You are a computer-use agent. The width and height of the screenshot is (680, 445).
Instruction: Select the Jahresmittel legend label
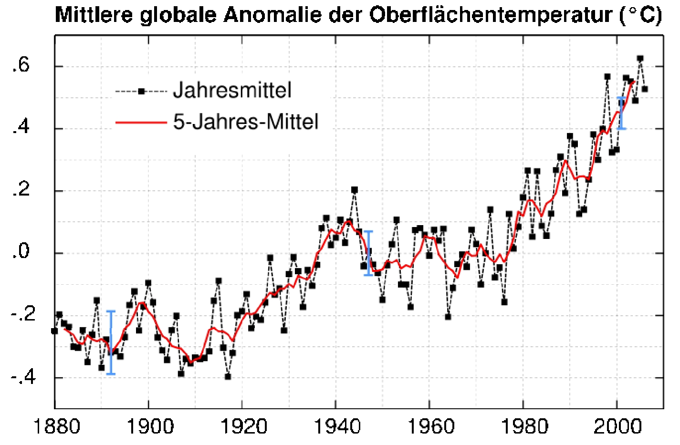point(232,90)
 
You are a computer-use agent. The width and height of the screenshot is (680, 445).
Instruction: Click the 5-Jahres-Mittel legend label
point(245,122)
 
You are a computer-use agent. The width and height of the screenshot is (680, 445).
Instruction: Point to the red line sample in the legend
point(141,122)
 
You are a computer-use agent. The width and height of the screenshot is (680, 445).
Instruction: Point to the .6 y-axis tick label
point(22,66)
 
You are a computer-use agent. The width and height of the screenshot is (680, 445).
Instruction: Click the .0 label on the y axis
point(22,252)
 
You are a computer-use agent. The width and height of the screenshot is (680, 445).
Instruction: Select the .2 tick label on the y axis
point(22,190)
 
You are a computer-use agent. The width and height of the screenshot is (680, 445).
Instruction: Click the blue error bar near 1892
point(111,342)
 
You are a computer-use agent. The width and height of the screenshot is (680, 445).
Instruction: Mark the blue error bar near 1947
point(368,253)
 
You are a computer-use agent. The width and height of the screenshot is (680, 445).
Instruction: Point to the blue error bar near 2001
point(621,113)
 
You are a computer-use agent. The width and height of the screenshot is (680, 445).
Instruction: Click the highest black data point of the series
point(640,58)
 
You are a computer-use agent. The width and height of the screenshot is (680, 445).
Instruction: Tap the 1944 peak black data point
point(354,190)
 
